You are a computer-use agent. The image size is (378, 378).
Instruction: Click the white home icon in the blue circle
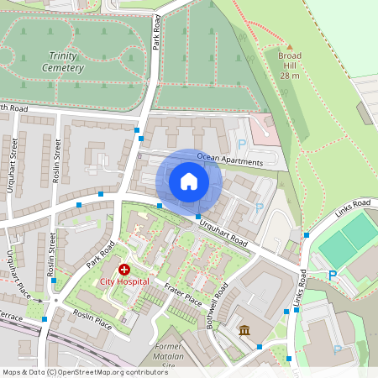[188, 181]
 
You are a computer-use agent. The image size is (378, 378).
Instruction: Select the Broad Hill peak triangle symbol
[289, 47]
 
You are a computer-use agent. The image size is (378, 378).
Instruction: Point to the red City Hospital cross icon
[124, 270]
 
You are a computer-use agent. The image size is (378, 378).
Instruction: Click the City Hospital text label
[124, 281]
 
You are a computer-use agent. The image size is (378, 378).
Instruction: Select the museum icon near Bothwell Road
[244, 329]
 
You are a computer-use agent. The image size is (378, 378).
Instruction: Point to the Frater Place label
[182, 294]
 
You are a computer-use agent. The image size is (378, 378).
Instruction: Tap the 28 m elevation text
[289, 76]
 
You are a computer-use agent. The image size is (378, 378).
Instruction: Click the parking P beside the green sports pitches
[332, 275]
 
